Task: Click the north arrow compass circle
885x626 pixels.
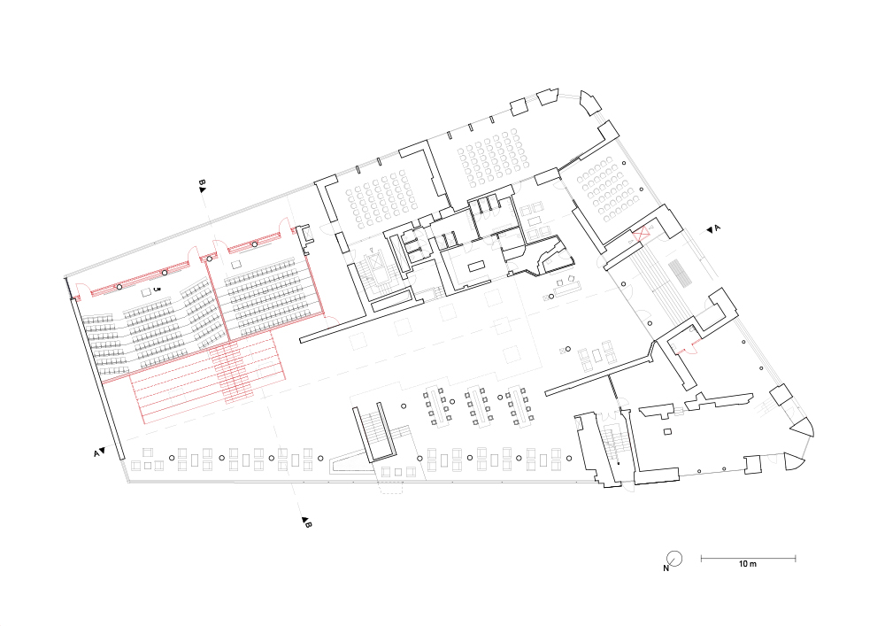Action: pos(674,558)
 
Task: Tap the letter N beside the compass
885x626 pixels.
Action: pos(666,568)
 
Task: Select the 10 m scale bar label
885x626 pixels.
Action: pos(748,563)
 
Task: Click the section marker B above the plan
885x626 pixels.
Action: pos(202,186)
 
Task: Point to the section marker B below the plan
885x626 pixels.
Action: pos(306,522)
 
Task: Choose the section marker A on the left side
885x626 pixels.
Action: pos(99,452)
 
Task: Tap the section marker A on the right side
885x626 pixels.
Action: pos(713,228)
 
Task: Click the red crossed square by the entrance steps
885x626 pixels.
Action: pos(641,234)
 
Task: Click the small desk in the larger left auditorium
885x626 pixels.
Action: pos(146,291)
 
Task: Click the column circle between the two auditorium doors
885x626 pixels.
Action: pos(210,259)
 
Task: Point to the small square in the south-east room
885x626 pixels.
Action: pos(667,432)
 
